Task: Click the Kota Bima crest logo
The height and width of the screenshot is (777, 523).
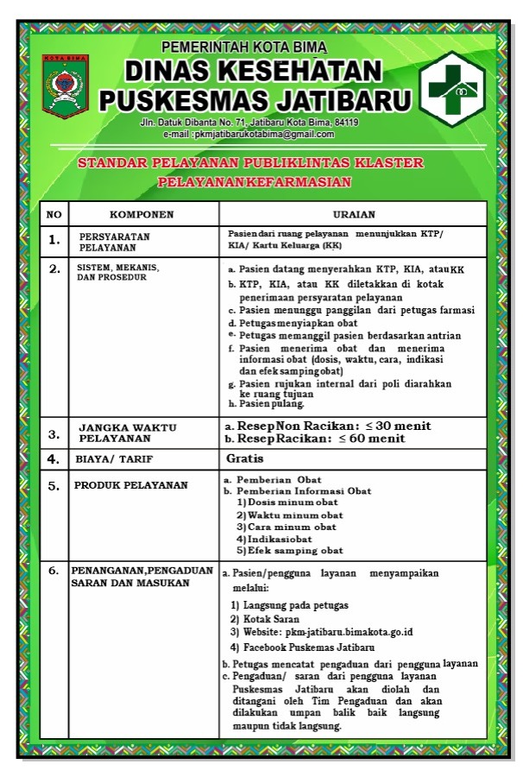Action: (66, 86)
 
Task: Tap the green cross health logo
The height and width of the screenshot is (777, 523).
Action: (458, 89)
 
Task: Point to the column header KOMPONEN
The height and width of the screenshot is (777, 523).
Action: (142, 214)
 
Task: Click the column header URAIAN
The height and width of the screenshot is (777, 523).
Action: (353, 214)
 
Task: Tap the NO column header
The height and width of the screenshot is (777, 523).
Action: (54, 214)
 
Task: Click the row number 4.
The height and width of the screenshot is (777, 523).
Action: (54, 459)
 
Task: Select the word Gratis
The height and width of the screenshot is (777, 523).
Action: (245, 458)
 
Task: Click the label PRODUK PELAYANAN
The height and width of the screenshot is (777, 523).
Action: (131, 485)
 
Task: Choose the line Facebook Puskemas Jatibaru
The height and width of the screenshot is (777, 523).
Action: (309, 647)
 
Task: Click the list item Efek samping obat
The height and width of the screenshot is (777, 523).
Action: (294, 550)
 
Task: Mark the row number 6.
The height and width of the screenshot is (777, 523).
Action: (54, 571)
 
